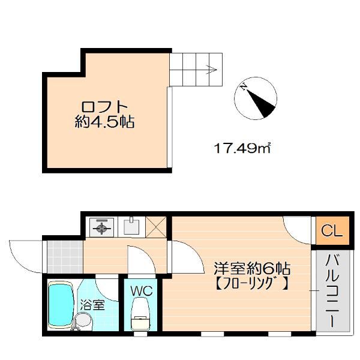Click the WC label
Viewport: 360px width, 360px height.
(x=142, y=290)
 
